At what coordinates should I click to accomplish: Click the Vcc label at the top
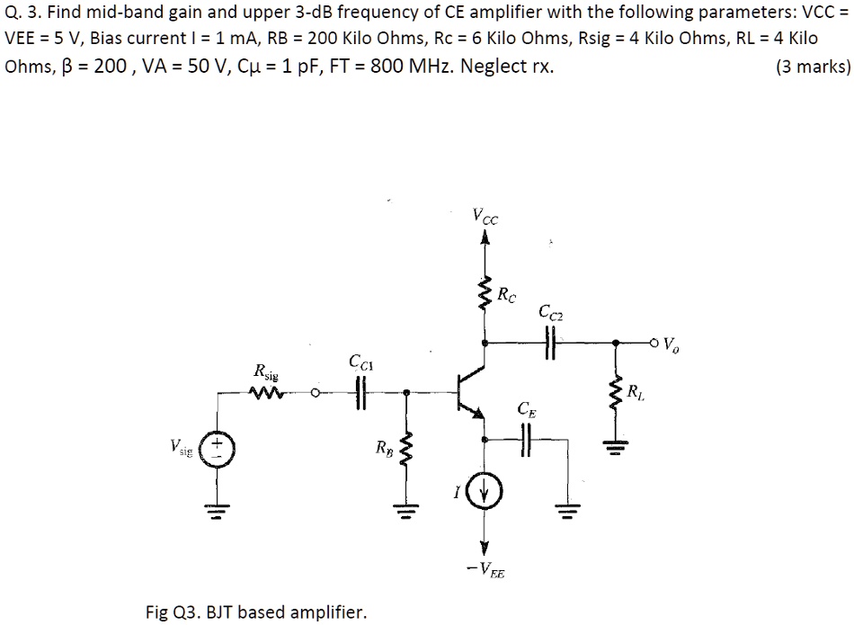485,216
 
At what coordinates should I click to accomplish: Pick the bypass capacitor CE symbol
527,440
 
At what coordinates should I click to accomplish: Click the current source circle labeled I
485,491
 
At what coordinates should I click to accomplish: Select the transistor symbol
469,391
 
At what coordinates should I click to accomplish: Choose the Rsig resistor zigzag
267,392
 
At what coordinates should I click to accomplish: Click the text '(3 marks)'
812,67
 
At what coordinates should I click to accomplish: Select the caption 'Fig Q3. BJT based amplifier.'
256,612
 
